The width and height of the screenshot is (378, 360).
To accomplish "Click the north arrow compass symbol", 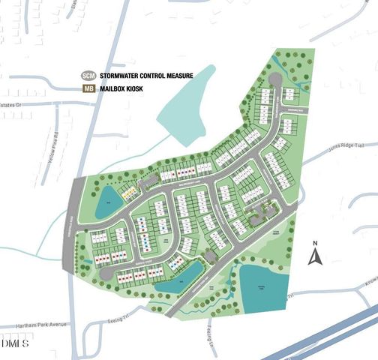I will pyautogui.click(x=316, y=257).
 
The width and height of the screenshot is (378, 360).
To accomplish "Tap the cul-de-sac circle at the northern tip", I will pyautogui.click(x=274, y=80).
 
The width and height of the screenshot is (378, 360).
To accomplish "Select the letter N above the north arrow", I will pyautogui.click(x=316, y=243).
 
